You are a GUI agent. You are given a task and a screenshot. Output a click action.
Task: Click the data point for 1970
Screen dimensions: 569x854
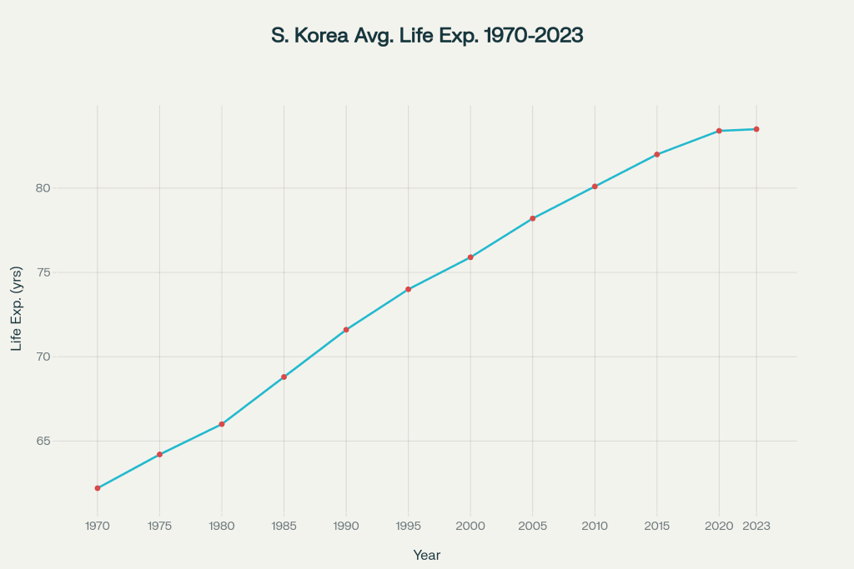98,488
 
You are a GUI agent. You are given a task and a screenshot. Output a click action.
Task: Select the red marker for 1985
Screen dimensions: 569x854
284,377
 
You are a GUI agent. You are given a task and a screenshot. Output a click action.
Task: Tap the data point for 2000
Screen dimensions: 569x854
470,257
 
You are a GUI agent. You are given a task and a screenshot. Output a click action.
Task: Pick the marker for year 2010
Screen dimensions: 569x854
595,187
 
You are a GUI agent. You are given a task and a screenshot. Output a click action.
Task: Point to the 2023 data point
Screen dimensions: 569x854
756,129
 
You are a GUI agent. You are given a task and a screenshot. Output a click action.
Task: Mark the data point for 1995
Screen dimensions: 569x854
409,289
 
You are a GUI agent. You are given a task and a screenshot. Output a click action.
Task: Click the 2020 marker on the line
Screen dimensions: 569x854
719,131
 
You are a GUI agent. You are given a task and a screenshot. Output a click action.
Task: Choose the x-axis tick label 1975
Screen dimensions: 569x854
159,527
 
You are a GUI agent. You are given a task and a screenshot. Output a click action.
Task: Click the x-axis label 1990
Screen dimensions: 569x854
346,527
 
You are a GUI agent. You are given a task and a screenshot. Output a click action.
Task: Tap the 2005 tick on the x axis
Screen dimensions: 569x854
532,527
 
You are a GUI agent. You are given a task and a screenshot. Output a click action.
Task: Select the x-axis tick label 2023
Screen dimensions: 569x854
756,527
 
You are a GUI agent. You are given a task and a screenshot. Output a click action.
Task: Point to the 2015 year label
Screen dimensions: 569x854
657,527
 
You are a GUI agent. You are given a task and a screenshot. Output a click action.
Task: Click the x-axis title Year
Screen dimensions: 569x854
427,555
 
